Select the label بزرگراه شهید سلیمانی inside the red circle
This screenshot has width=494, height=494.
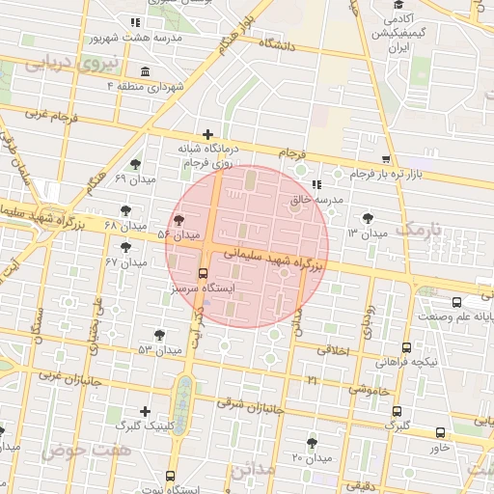click(276, 257)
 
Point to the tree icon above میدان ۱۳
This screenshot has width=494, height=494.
click(368, 218)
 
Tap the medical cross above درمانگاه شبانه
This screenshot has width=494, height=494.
click(207, 134)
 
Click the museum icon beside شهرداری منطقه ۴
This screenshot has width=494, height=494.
click(145, 72)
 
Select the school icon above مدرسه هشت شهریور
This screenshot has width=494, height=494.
click(135, 22)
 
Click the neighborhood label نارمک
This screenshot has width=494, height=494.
click(423, 230)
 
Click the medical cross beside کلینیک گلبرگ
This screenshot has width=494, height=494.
click(145, 411)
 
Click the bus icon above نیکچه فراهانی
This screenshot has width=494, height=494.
click(405, 348)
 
